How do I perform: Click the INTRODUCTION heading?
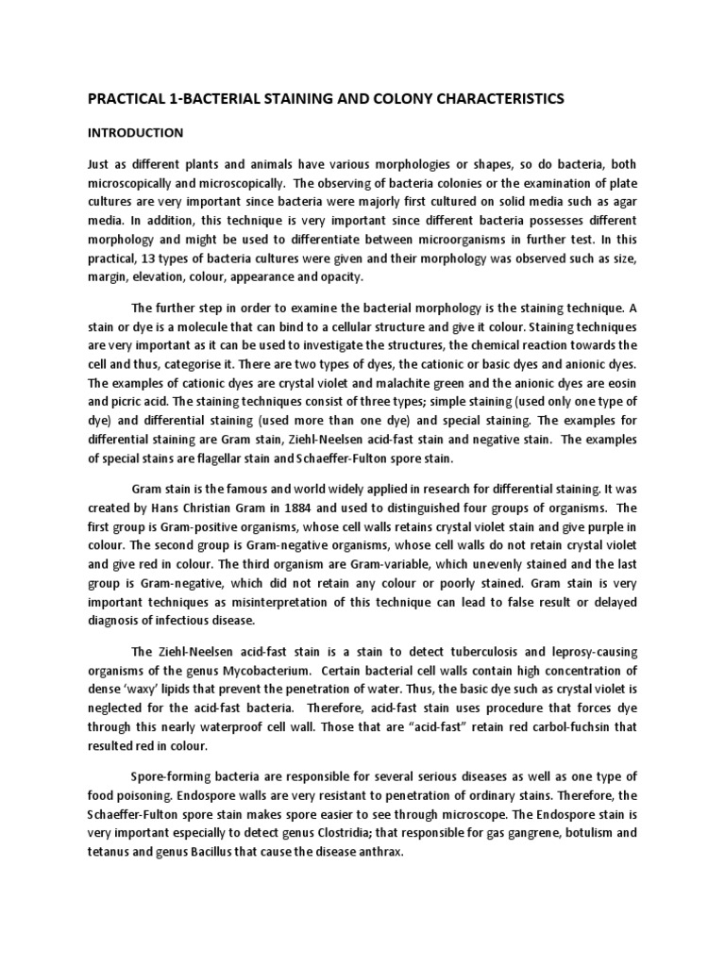[136, 133]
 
